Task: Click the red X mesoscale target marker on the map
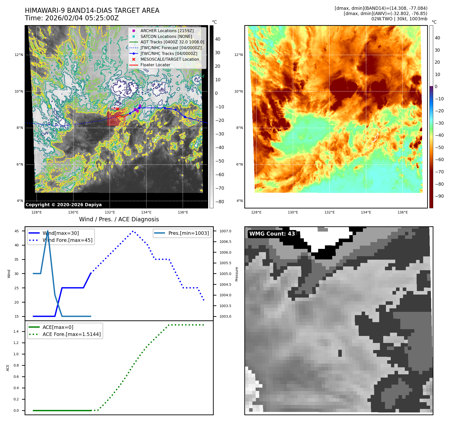tap(118, 109)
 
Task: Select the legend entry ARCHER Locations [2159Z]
tap(167, 31)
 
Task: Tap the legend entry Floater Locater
tap(155, 65)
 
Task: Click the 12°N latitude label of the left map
tap(19, 55)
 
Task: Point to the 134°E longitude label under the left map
tap(146, 212)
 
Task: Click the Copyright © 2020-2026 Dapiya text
tap(64, 205)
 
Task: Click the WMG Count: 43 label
tap(272, 234)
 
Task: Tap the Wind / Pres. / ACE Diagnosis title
tap(119, 219)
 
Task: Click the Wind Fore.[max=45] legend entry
tap(67, 240)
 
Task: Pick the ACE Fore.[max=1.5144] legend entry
tap(72, 334)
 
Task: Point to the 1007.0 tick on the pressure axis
tap(225, 231)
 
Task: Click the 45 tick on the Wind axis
tap(17, 231)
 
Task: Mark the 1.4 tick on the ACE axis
tap(16, 331)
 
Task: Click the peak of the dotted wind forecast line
tap(133, 231)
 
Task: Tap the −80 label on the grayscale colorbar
tap(219, 202)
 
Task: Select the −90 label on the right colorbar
tap(439, 196)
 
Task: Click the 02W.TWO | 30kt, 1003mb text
tap(399, 19)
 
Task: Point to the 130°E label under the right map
tap(293, 212)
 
